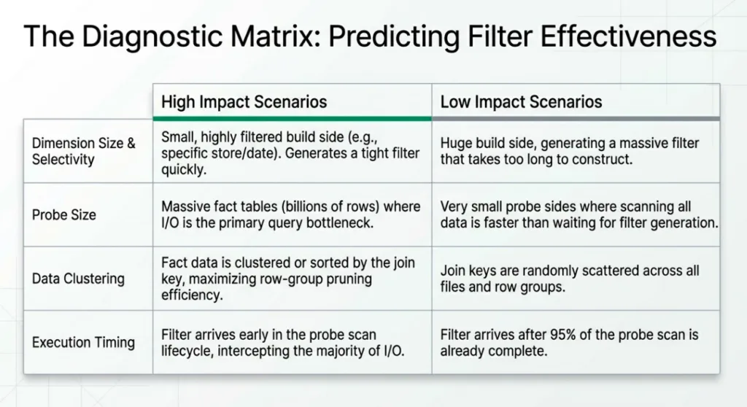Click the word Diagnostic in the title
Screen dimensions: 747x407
coord(152,36)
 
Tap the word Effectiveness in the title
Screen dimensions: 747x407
coord(628,36)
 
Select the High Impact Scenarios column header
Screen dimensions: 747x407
coord(244,101)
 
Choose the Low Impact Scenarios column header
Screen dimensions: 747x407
coord(521,101)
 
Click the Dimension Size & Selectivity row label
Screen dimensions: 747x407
coord(83,151)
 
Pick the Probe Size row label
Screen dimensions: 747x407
coord(64,214)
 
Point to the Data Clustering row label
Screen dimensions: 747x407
coord(78,279)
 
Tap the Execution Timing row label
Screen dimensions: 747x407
coord(83,342)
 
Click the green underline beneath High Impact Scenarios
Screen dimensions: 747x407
coord(292,118)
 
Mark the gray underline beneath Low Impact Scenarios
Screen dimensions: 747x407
coord(576,118)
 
